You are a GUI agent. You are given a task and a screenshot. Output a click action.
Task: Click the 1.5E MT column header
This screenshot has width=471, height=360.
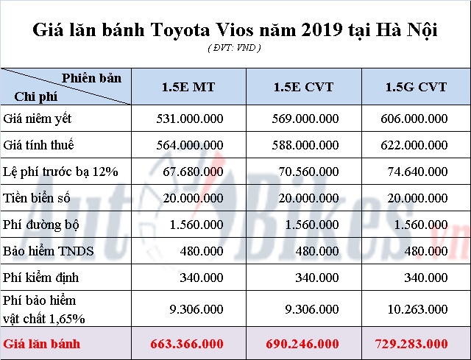188,87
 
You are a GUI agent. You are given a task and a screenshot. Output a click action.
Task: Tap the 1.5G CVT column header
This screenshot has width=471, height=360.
416,87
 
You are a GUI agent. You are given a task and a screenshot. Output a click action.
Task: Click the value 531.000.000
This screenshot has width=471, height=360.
191,119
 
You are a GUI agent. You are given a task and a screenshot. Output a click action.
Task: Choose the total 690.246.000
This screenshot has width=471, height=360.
301,344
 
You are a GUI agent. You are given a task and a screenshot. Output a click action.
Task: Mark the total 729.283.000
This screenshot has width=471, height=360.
416,344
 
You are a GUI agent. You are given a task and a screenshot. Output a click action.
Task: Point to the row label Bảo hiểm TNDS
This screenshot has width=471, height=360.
49,251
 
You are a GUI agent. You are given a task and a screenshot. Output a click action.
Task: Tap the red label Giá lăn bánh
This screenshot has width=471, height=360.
41,344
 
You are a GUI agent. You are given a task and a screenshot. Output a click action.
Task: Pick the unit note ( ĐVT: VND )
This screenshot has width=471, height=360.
235,48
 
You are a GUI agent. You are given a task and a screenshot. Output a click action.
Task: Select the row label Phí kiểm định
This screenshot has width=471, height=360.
41,278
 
